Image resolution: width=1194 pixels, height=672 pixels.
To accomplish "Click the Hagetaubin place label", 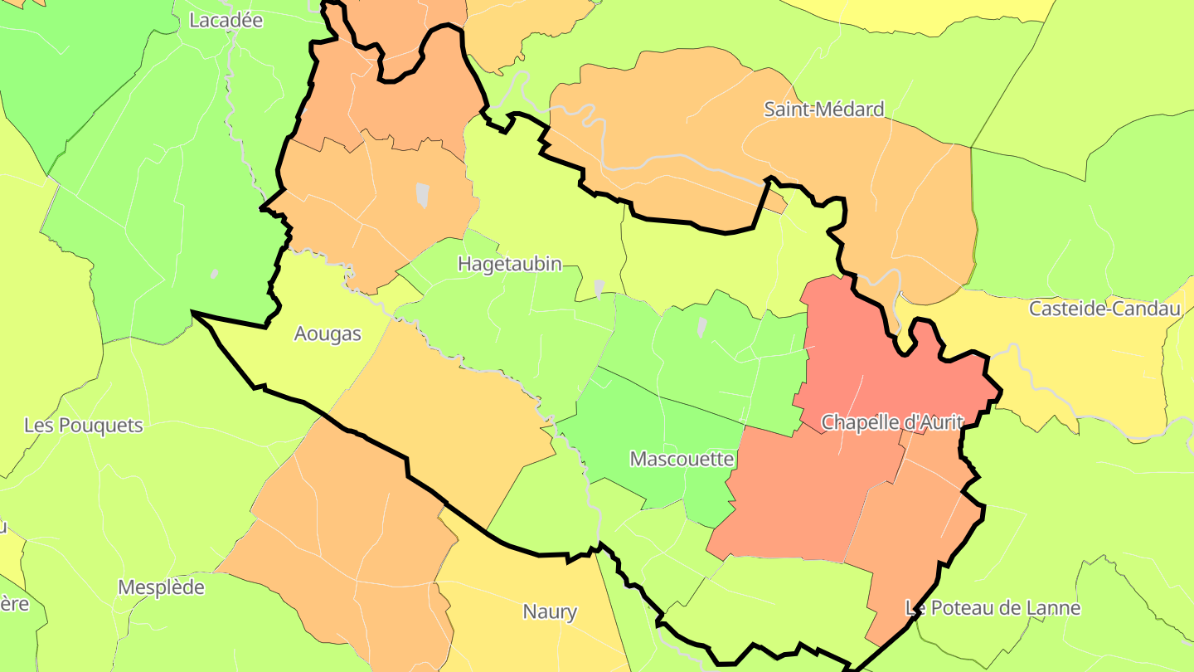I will coord(509,265).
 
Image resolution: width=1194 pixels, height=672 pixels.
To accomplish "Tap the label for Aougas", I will coord(328,334).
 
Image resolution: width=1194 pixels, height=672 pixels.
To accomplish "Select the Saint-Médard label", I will coord(823,109).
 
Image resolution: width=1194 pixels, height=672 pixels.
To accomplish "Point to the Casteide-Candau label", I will coord(1104,309).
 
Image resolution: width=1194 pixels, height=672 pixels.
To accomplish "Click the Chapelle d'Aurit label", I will coord(891,422).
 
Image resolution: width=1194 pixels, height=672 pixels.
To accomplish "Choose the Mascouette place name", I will coord(682,459).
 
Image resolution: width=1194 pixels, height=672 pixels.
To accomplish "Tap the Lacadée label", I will coord(226,20).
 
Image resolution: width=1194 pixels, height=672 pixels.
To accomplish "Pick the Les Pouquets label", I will coord(83,426).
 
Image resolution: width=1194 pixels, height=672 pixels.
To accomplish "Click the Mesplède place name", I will coord(161,587).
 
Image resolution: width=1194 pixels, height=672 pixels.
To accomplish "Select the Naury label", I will coord(549,612).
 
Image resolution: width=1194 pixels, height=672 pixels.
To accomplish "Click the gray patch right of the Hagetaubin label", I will coord(599,288).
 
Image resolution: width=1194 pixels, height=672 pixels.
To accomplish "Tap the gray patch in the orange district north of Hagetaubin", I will coord(422,194).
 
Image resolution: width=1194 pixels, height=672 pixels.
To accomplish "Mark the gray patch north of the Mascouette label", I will coord(702,328).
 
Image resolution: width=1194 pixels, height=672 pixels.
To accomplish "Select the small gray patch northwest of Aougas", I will coord(215,274).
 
